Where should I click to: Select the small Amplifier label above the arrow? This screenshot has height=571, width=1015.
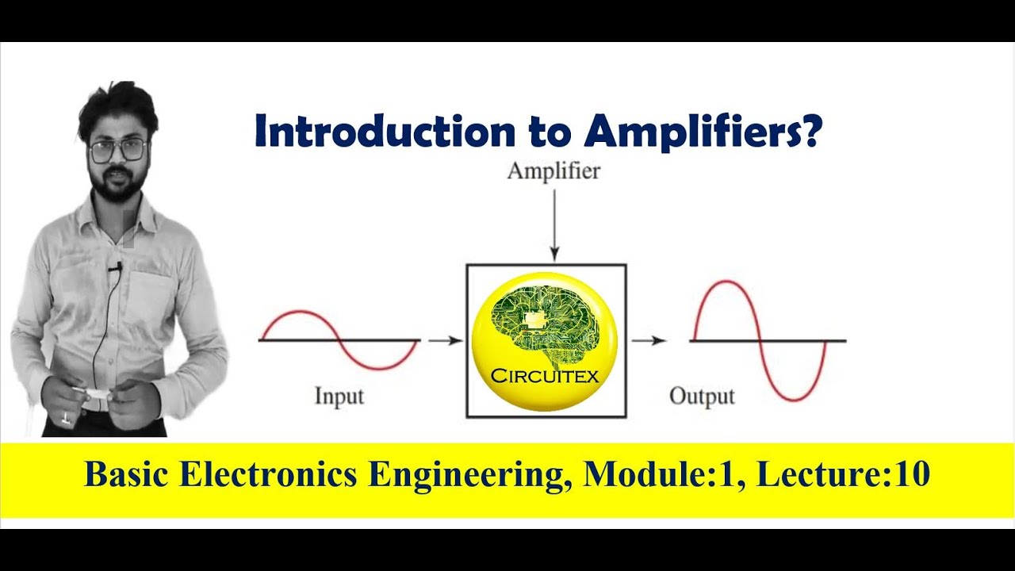[x=553, y=171]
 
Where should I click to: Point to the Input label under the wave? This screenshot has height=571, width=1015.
[x=339, y=395]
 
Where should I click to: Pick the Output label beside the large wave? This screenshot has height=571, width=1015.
[x=702, y=395]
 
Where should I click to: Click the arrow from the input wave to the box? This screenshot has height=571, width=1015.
[x=445, y=341]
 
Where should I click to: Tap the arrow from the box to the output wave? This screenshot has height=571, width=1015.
[x=648, y=341]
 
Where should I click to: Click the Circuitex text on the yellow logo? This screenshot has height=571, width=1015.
[x=545, y=375]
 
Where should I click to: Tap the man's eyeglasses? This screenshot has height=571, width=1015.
[x=118, y=150]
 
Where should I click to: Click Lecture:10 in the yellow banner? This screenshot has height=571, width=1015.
[x=843, y=475]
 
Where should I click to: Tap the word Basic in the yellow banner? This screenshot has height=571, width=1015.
[x=126, y=475]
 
